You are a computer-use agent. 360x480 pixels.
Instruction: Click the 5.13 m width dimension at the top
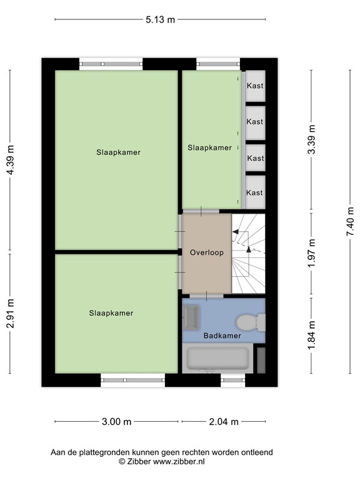(160, 19)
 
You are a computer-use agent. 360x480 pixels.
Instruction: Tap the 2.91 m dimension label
(10, 316)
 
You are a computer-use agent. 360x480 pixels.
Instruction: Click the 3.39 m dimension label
(312, 139)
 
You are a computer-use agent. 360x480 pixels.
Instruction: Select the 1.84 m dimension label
(312, 336)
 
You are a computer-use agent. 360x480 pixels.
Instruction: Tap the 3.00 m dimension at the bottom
(117, 422)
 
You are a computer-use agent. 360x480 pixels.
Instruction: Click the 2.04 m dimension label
(222, 422)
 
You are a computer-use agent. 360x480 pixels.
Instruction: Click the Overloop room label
(206, 252)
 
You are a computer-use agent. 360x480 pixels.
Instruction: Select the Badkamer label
(222, 336)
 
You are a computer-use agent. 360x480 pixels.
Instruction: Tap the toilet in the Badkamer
(251, 322)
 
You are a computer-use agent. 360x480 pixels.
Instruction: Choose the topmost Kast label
(255, 86)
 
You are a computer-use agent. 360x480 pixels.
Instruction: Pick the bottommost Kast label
(255, 192)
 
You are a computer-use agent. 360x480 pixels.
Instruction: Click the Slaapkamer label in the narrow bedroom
(209, 148)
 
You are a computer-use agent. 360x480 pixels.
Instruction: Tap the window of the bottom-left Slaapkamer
(133, 378)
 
